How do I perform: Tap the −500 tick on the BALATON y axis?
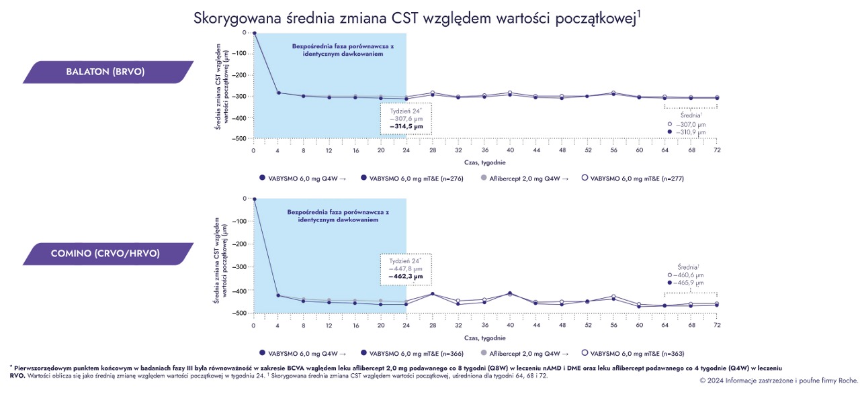click(x=241, y=138)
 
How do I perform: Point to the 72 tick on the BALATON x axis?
click(x=717, y=150)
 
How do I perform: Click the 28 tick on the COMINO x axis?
click(x=432, y=325)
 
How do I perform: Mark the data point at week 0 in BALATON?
click(x=254, y=32)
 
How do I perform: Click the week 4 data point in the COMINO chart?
click(x=279, y=295)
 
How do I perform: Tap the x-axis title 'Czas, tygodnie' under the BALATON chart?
click(x=484, y=162)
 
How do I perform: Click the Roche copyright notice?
click(x=778, y=381)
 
